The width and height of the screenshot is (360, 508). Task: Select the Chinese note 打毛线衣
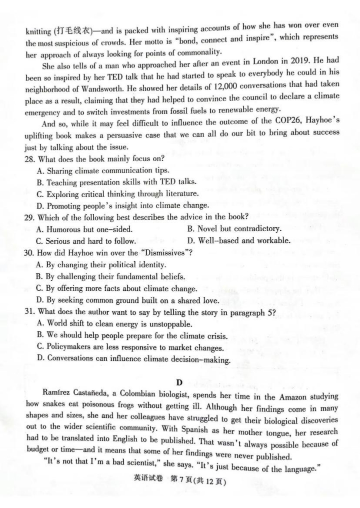click(73, 31)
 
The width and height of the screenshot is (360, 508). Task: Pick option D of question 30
click(127, 300)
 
